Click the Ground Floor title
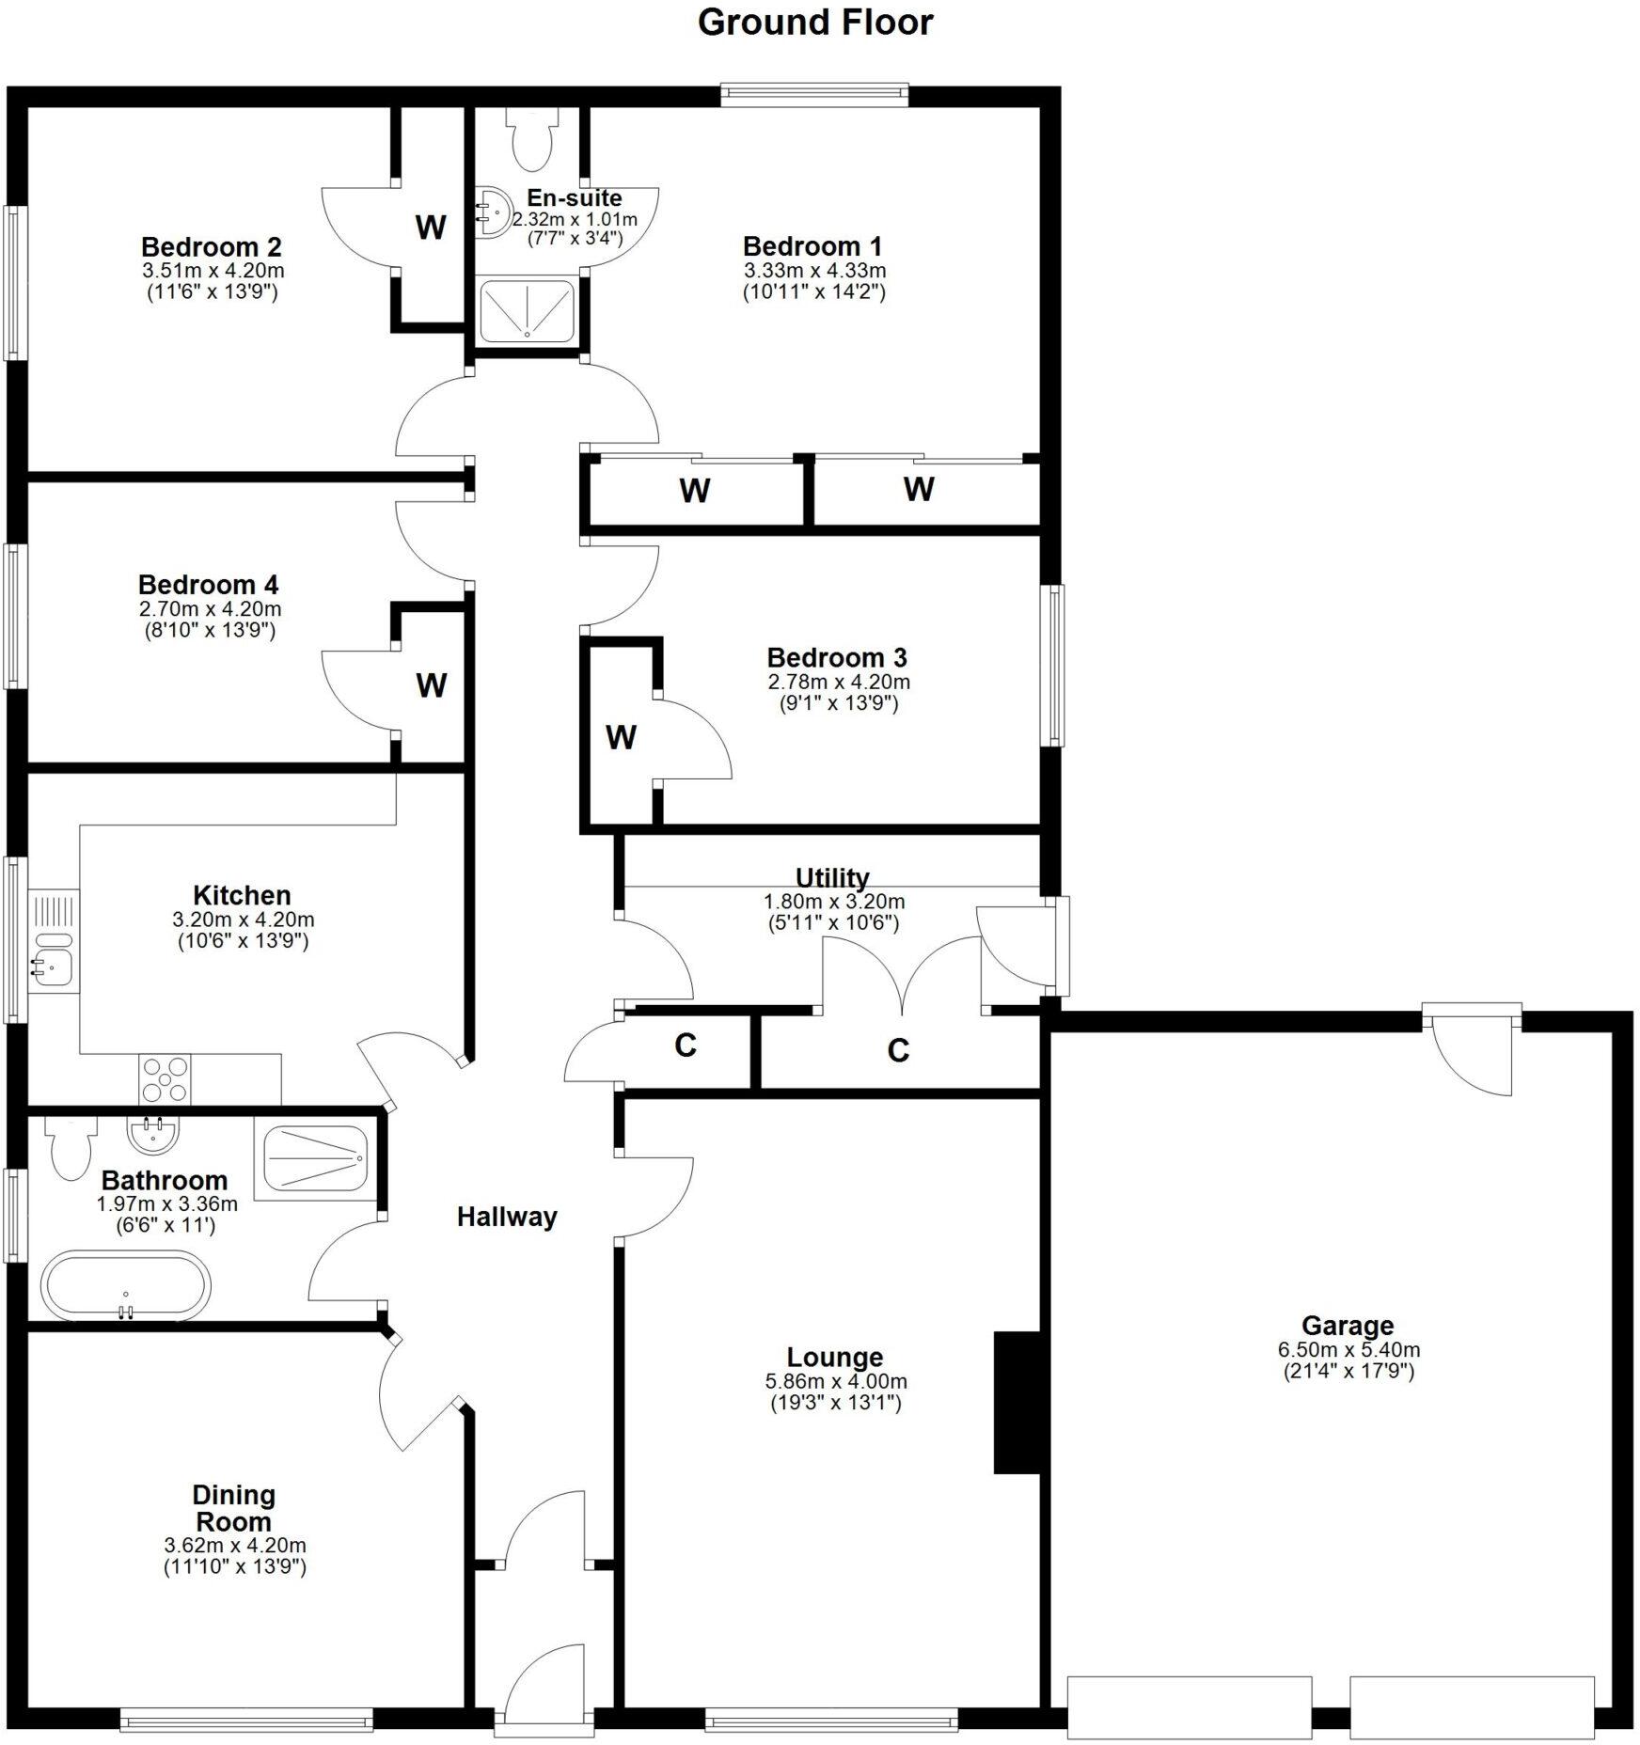point(814,23)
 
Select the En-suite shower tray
point(527,311)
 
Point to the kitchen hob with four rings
point(165,1078)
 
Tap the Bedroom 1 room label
point(812,247)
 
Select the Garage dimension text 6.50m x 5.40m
point(1348,1350)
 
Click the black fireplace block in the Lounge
point(1017,1402)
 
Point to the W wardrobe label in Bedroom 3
point(620,738)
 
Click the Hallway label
point(507,1218)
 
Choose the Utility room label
point(832,878)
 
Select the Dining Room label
point(233,1508)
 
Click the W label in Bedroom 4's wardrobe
point(431,685)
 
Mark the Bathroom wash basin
point(152,1135)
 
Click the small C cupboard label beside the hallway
point(686,1045)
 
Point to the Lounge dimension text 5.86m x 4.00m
point(835,1381)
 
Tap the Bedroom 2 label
point(212,247)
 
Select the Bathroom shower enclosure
point(314,1159)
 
